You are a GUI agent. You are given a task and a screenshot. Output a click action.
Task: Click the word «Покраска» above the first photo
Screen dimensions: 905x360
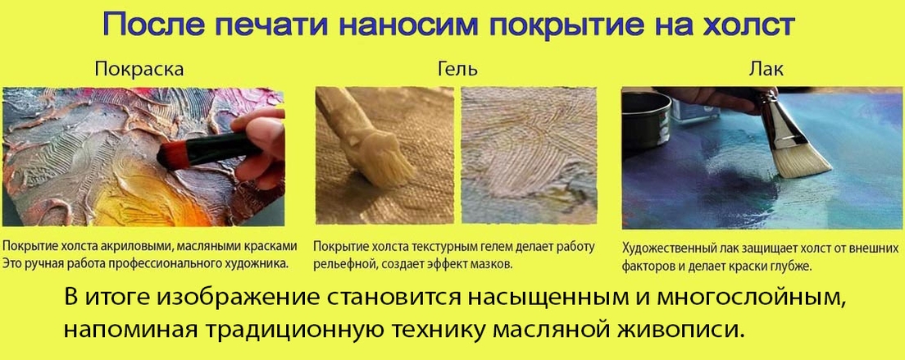tap(139, 70)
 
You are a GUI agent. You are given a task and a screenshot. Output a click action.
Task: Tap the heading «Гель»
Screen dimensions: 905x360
tap(457, 70)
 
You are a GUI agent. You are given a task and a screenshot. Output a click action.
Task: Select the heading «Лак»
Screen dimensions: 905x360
tap(766, 70)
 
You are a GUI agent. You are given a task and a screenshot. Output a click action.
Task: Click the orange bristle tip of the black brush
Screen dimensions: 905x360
tap(167, 153)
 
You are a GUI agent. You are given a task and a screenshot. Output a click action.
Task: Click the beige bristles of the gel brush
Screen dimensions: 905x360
tap(389, 165)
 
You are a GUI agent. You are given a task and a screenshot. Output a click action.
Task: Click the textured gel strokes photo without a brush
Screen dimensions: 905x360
tap(530, 155)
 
